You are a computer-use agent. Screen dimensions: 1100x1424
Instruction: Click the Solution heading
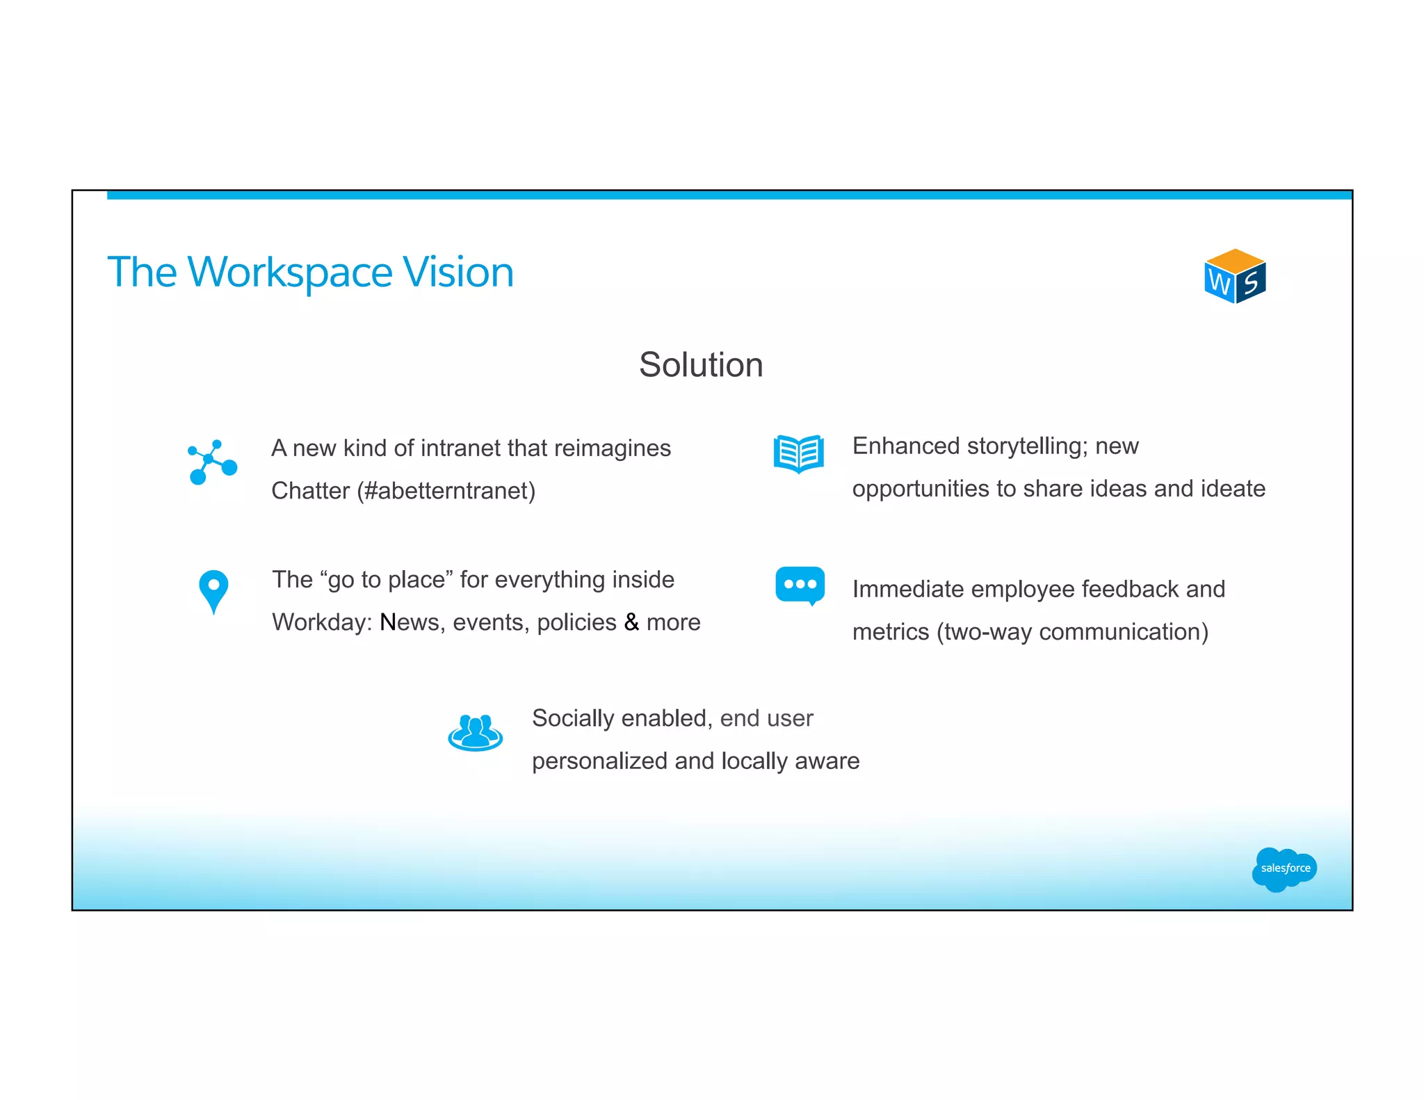click(701, 365)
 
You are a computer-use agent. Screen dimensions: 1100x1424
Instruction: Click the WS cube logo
click(1235, 277)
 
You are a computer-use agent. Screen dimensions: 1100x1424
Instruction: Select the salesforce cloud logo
click(1284, 868)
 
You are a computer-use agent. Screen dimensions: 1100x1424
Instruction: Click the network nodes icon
click(212, 462)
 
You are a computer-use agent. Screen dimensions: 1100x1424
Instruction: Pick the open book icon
click(799, 453)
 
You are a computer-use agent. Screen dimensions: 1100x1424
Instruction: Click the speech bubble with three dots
click(800, 585)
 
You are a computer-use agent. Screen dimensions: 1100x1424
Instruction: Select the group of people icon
click(475, 733)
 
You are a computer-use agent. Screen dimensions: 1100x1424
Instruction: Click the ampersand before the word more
click(631, 622)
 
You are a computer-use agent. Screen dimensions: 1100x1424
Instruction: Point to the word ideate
click(1233, 489)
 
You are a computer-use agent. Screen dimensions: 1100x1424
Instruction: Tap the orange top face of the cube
click(1235, 261)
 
